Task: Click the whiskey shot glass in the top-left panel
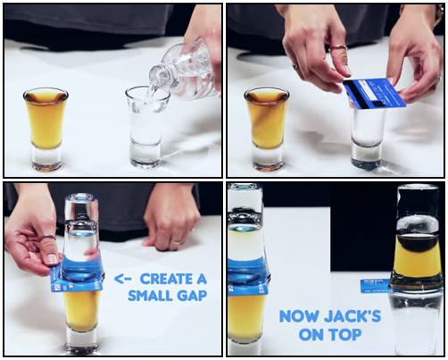pos(46,130)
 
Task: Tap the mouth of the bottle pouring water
pos(155,76)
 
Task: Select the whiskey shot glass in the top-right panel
pos(267,130)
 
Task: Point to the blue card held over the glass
pos(375,93)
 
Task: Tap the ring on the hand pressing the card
pos(338,47)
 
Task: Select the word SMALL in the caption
pos(146,296)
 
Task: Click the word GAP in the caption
pos(188,296)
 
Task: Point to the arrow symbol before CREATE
pos(122,279)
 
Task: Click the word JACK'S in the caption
pos(353,316)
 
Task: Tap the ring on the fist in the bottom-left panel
pos(177,241)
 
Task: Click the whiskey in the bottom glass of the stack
pos(81,310)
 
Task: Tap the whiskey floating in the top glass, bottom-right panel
pos(417,259)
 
